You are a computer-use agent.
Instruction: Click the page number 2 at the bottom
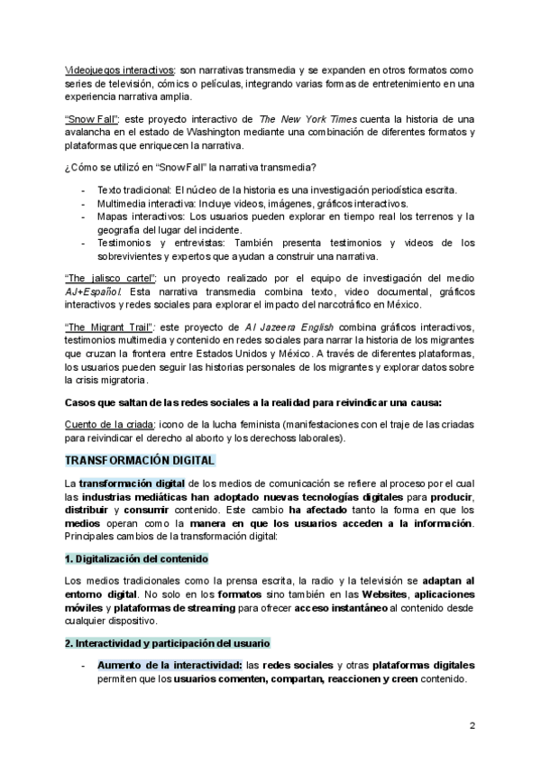tap(472, 726)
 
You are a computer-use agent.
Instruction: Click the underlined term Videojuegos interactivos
tap(121, 70)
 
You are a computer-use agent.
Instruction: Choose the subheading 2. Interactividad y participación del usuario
tap(163, 642)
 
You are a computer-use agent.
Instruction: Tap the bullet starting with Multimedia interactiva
tap(252, 204)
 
